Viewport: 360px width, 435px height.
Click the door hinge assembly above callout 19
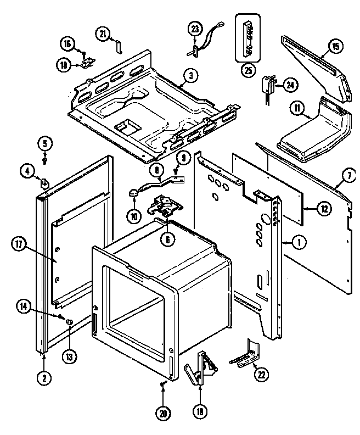(200, 365)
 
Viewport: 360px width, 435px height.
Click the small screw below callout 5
(45, 160)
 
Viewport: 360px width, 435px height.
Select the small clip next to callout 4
(46, 182)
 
